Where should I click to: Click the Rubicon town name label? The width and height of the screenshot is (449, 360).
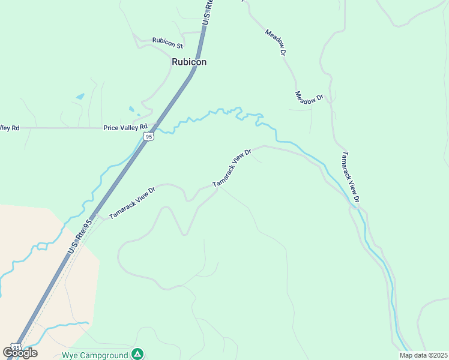(189, 62)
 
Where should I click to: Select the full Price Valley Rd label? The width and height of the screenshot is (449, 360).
(125, 127)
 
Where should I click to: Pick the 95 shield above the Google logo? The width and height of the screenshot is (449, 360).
(16, 347)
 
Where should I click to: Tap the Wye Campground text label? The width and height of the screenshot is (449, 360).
(95, 355)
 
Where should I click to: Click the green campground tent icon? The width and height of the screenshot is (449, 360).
(138, 354)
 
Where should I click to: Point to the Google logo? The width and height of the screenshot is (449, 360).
(20, 353)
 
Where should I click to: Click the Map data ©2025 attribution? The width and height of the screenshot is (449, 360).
(423, 355)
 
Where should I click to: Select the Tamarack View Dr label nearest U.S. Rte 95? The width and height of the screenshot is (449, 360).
(132, 202)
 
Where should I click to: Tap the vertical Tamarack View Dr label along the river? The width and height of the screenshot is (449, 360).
(350, 176)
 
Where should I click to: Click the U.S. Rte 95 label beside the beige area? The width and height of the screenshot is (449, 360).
(80, 235)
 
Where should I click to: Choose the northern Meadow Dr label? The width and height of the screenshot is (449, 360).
(274, 42)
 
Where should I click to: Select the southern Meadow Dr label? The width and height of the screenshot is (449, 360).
(309, 98)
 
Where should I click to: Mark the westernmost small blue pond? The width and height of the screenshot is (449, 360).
(80, 96)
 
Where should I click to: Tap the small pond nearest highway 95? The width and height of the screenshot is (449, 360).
(132, 110)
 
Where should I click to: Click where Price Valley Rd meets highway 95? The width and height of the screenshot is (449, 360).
(155, 127)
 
